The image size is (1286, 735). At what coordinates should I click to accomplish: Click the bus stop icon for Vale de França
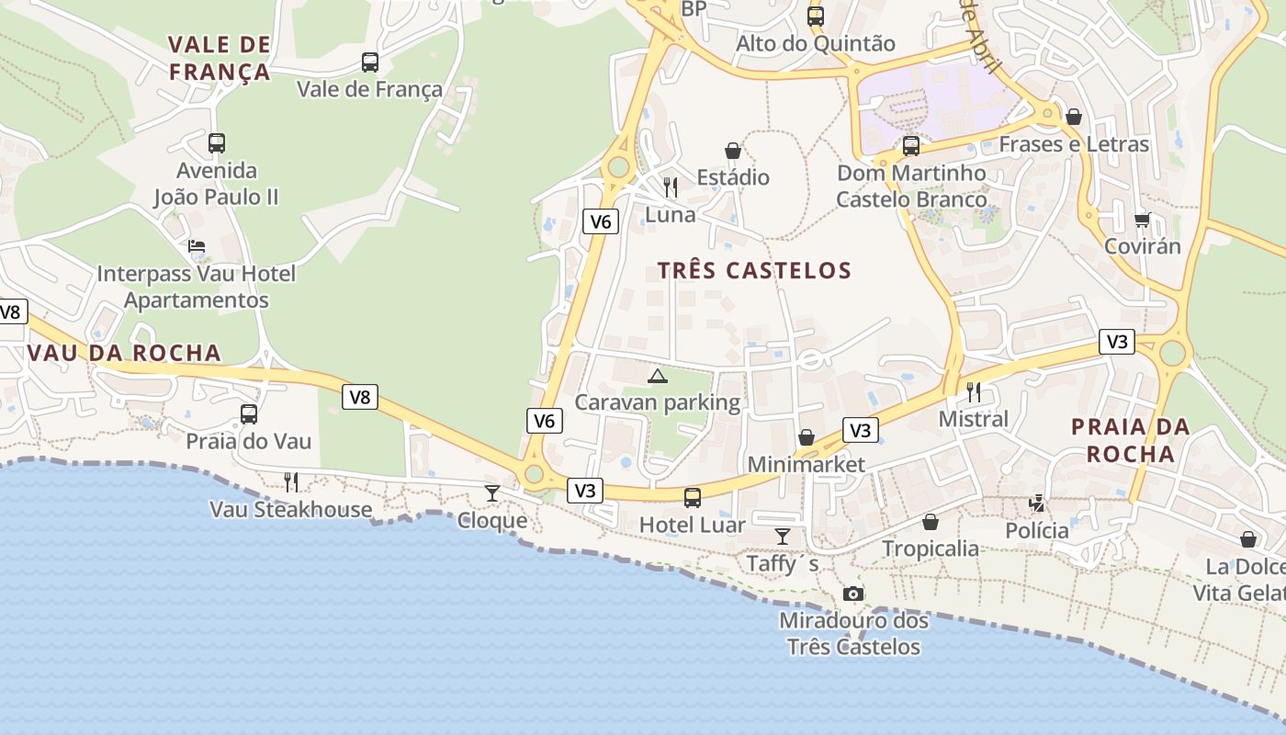tap(369, 62)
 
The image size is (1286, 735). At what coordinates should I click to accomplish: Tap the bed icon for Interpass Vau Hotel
tap(197, 246)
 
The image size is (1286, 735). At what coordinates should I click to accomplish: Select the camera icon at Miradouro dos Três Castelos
tap(853, 594)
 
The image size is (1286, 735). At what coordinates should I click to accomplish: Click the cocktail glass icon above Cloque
tap(492, 493)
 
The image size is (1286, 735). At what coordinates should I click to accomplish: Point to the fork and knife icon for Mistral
tap(974, 392)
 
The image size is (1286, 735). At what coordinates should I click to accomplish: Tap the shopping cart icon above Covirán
tap(1142, 219)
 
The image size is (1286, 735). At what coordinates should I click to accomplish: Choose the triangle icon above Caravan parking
tap(657, 376)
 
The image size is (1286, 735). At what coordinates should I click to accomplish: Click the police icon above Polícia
tap(1037, 503)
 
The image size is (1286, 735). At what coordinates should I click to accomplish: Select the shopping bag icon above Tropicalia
tap(931, 522)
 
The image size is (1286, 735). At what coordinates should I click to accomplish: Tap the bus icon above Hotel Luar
tap(693, 498)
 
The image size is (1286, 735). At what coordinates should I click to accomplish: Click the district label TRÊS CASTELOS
tap(755, 271)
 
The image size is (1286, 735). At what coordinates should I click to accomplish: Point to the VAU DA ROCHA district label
tap(124, 353)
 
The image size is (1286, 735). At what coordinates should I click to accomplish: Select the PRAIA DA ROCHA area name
tap(1130, 440)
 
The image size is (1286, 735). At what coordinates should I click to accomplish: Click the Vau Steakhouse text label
tap(291, 509)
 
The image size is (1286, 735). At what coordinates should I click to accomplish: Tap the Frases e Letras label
tap(1074, 144)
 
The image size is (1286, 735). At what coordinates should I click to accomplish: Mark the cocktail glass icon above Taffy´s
tap(783, 537)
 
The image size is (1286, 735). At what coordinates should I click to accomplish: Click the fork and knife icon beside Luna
tap(671, 187)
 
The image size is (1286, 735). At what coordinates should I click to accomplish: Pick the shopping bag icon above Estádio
tap(733, 151)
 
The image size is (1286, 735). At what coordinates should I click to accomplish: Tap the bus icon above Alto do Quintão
tap(816, 16)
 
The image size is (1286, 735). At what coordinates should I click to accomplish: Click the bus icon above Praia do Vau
tap(249, 414)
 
